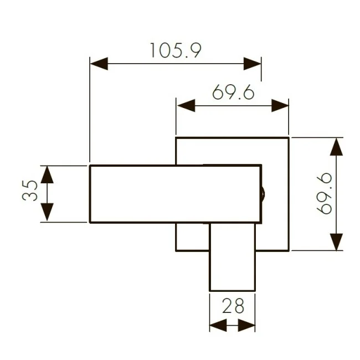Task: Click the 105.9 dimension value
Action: point(174,50)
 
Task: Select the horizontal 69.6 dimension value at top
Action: point(233,92)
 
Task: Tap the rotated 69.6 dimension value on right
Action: point(324,193)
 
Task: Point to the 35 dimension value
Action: point(32,192)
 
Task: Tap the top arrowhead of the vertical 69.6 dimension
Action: point(336,146)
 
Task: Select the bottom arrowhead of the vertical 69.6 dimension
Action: point(336,241)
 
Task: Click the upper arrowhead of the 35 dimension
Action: point(47,174)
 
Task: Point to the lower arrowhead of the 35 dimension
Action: point(47,213)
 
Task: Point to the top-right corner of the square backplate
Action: point(289,137)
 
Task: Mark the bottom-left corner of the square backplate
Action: point(176,250)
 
